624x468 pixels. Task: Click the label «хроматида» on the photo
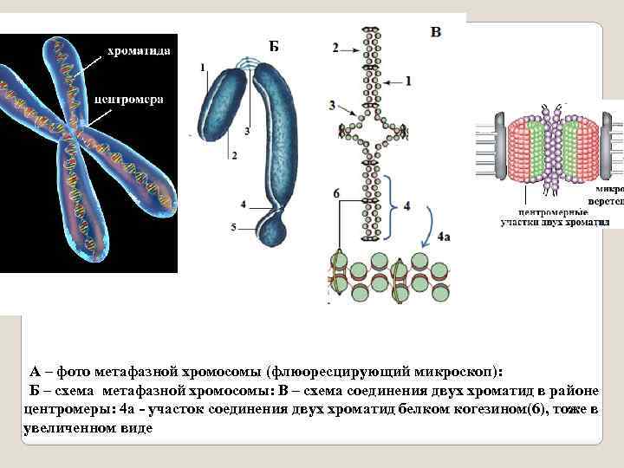[x=138, y=51]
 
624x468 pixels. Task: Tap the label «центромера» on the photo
[x=129, y=100]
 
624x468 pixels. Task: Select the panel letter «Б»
[x=273, y=47]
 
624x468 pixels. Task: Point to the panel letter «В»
[x=435, y=32]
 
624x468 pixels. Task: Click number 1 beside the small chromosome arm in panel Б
[x=202, y=67]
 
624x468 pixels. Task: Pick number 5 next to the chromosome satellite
[x=233, y=227]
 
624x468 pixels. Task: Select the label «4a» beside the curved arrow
[x=444, y=234]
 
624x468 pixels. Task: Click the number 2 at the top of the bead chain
[x=336, y=48]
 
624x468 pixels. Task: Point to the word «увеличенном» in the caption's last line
[x=65, y=427]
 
